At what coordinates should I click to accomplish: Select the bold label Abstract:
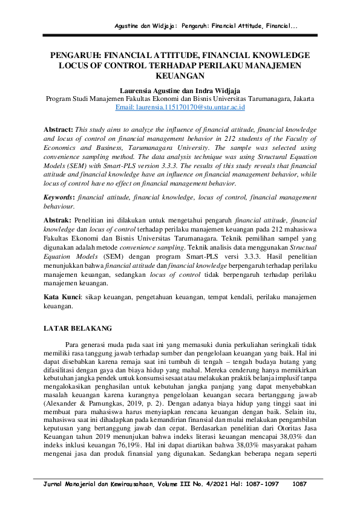tap(58, 130)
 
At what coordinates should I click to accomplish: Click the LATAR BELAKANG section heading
tap(78, 328)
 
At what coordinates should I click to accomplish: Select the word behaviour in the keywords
tap(59, 206)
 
